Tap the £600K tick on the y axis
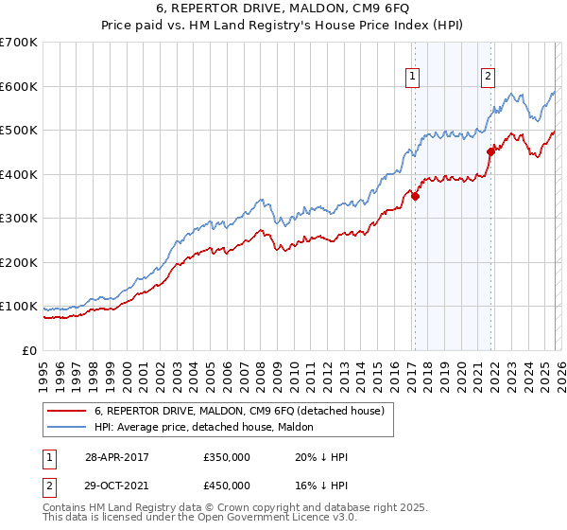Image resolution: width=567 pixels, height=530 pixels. click(19, 86)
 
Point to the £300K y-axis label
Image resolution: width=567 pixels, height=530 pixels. click(19, 219)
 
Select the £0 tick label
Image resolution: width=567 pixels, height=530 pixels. click(29, 350)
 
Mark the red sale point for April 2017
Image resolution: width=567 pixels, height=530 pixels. click(415, 197)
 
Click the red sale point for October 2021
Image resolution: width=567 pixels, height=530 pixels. click(490, 151)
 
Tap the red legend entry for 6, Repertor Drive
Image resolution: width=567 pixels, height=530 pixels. click(238, 412)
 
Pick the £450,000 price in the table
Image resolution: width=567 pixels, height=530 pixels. click(227, 486)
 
